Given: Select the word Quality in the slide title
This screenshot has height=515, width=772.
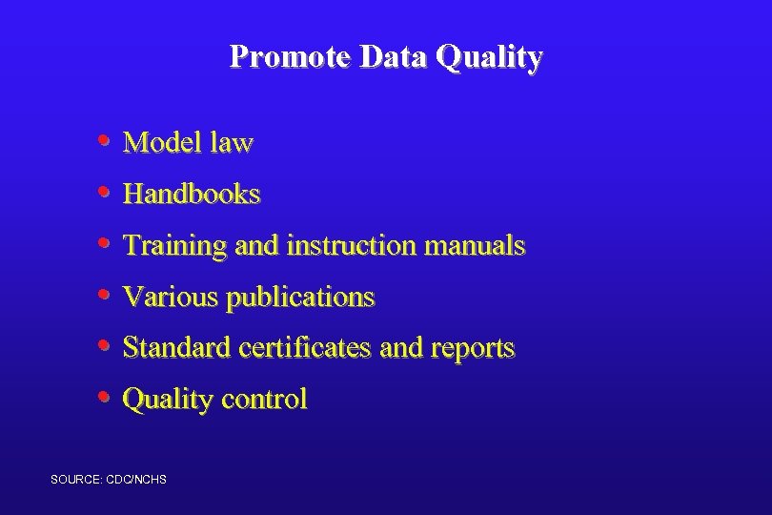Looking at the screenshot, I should pos(489,58).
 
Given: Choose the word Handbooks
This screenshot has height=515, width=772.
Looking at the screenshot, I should pos(192,195).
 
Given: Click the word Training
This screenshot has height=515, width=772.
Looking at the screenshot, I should pos(175,246).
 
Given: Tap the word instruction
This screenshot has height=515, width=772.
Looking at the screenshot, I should pos(351,246).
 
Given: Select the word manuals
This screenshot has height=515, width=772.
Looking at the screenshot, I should pos(475,246).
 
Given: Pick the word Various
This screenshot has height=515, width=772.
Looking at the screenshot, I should pos(171,298).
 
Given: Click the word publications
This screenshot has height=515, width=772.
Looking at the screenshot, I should pos(300,298).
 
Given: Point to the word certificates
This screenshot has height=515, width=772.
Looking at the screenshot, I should pos(304,348).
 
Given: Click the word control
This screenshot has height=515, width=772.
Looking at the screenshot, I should pos(263,399).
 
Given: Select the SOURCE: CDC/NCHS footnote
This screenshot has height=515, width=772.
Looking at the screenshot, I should pos(108,479).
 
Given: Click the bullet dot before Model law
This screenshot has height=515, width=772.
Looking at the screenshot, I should pos(104,142).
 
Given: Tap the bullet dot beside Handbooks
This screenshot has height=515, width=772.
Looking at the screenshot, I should pos(104,194).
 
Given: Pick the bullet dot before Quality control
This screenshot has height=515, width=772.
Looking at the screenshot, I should pos(104,397).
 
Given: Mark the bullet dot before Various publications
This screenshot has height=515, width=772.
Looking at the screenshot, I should pos(104,296).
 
